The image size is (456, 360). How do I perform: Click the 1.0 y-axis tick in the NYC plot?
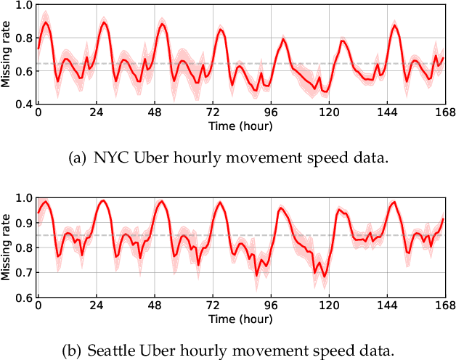coord(24,6)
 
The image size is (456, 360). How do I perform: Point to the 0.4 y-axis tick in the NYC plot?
coord(24,105)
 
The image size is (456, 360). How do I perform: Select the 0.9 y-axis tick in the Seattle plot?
coord(24,223)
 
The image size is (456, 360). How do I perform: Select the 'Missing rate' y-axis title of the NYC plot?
coord(7,55)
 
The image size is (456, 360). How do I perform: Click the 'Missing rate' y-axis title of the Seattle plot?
coord(7,248)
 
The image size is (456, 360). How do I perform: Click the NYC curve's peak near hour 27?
coord(104,22)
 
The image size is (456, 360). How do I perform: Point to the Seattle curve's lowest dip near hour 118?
coord(325,277)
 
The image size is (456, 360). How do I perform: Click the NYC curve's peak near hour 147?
coord(394,25)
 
